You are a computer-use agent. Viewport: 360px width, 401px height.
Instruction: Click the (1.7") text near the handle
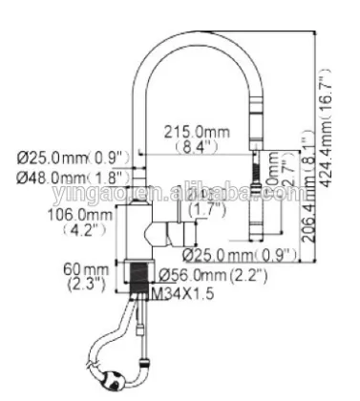click(x=203, y=209)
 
